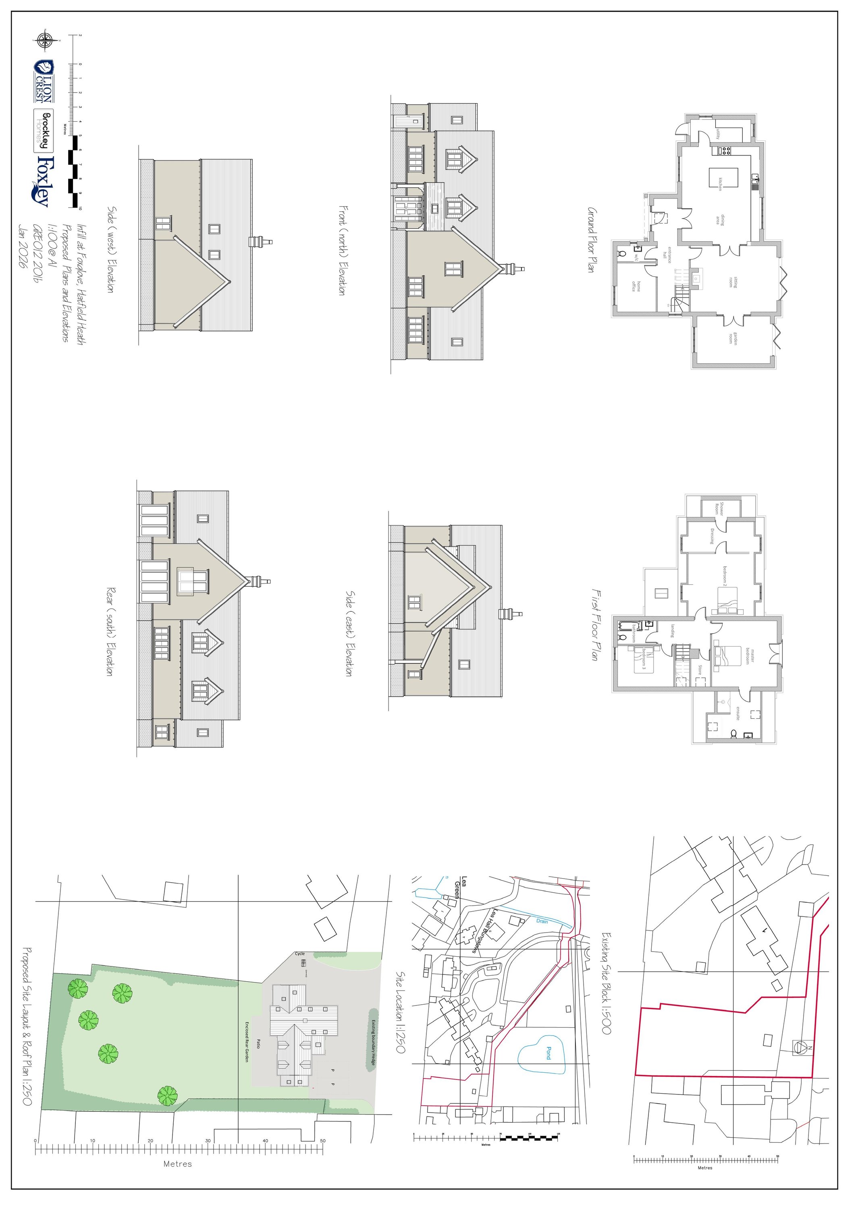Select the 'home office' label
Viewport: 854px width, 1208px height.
[x=636, y=286]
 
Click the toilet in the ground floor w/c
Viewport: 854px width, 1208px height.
[x=621, y=254]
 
